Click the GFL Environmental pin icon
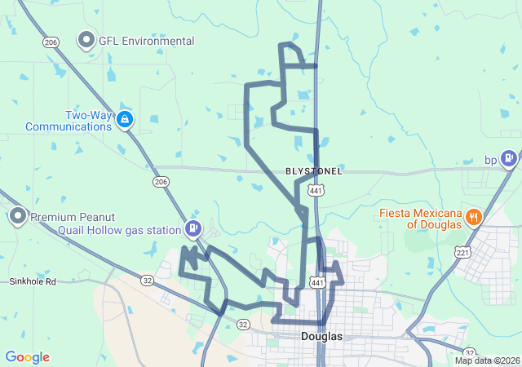(86, 40)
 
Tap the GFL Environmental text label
(147, 41)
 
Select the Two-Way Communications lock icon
(124, 121)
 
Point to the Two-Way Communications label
(69, 121)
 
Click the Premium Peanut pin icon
(17, 217)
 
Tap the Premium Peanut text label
(73, 217)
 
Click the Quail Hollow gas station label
(119, 230)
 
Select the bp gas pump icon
(509, 157)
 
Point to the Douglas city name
(321, 336)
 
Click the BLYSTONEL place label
(314, 171)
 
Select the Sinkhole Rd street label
(33, 281)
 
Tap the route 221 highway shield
(462, 253)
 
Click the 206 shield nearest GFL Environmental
(51, 42)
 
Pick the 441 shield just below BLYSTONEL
(316, 189)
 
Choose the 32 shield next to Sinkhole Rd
(148, 280)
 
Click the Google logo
(28, 357)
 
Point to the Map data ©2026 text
(487, 360)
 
